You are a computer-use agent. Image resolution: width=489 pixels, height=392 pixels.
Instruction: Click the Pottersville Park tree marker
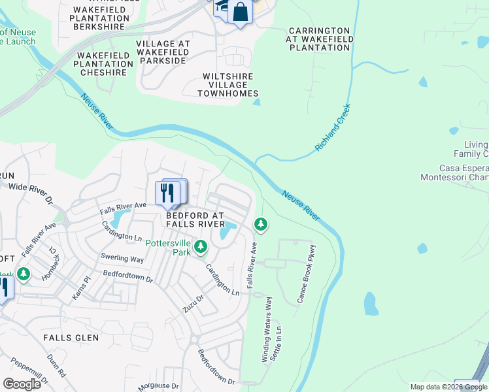[201, 246]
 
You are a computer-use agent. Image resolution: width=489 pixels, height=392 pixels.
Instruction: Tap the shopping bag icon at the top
[241, 12]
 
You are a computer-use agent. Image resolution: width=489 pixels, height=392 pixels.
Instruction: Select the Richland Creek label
[333, 128]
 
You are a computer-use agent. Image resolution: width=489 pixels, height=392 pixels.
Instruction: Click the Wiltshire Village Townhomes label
[229, 85]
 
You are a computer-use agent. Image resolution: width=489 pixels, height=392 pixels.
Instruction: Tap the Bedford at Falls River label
[195, 220]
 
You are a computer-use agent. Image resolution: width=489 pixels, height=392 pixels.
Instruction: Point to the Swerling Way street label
[122, 259]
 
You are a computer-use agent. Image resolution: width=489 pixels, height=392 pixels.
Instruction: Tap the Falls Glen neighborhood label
[71, 338]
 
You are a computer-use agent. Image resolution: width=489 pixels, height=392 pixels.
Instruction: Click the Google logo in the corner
[22, 384]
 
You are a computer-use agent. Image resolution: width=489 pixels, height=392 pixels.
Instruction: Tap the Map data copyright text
[448, 387]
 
